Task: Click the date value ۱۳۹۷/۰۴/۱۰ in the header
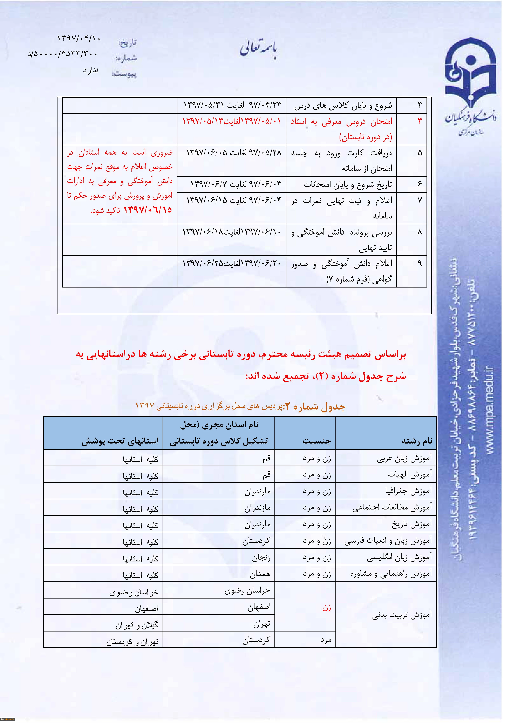click(79, 38)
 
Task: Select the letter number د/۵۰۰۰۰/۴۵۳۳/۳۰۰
click(63, 54)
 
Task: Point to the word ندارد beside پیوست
click(91, 70)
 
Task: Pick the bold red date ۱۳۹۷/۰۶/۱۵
click(147, 210)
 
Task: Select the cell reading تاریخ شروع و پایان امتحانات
click(348, 184)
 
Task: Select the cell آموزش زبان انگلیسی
click(399, 558)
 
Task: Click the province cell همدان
click(260, 575)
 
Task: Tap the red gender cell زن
click(327, 608)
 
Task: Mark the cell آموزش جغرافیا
click(408, 491)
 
